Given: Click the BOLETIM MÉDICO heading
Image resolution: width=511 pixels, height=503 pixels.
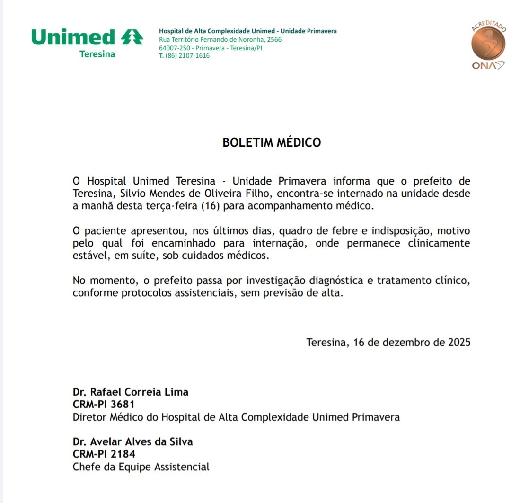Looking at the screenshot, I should [x=272, y=142].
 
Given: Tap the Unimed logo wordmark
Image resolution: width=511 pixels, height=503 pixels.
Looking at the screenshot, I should [x=74, y=37].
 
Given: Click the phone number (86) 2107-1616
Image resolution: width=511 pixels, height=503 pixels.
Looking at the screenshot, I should [x=187, y=56].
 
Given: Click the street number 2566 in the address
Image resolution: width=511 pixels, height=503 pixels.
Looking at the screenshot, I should [x=274, y=40].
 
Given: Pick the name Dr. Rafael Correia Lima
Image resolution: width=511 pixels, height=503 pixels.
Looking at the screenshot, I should [x=131, y=392].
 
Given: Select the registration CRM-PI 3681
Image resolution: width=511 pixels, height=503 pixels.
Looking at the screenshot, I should [x=104, y=405].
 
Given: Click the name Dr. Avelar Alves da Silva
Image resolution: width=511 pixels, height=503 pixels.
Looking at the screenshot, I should [x=132, y=442].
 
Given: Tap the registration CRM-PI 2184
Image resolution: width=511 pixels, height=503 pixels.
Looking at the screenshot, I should [x=104, y=454].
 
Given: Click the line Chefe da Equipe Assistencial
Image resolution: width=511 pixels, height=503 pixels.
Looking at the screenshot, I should [x=141, y=467].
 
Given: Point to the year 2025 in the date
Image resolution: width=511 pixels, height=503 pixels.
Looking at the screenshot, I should [x=459, y=342].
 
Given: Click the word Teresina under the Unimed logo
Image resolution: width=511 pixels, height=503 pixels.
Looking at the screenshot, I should [x=97, y=54].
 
